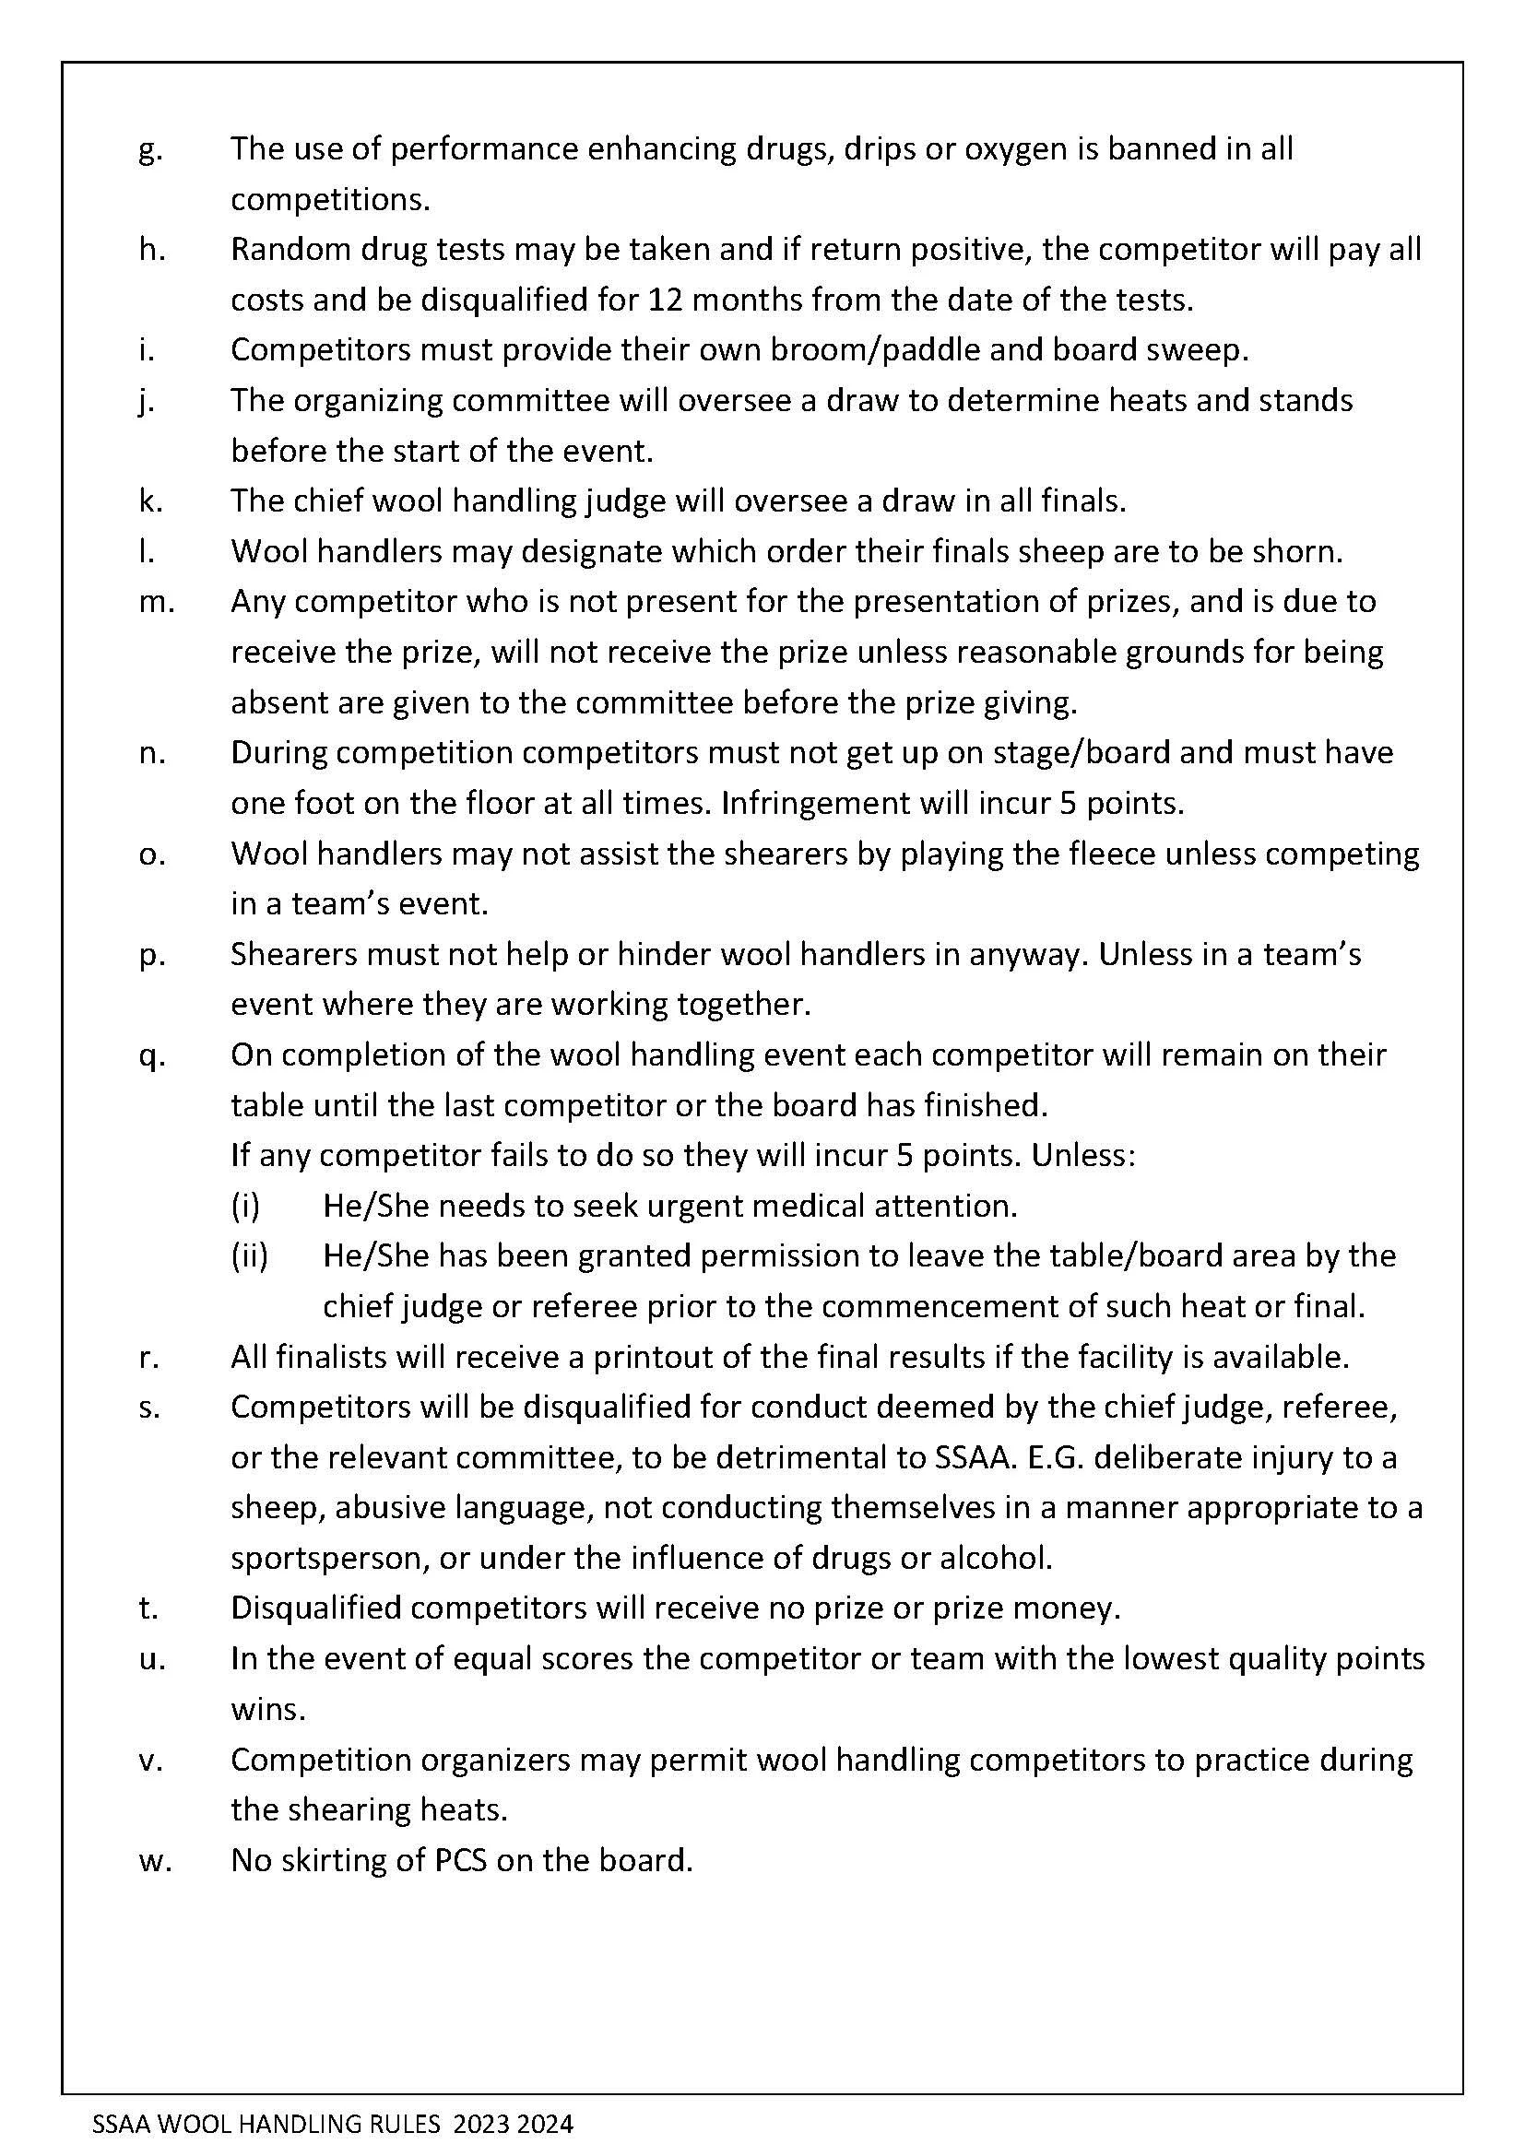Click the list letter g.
[149, 151]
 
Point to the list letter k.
[150, 501]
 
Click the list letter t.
[148, 1608]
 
